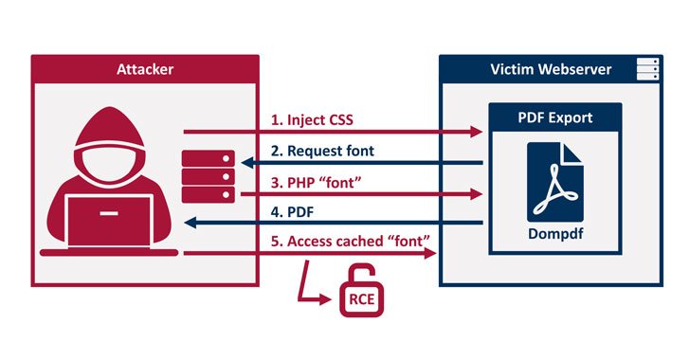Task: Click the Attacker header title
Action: pos(144,68)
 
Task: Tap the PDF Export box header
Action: pos(554,117)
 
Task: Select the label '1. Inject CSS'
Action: pos(312,120)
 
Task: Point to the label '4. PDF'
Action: pos(290,213)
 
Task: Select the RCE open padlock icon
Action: pos(361,293)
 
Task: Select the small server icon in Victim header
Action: pos(647,68)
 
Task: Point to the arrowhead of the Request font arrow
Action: pos(245,163)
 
